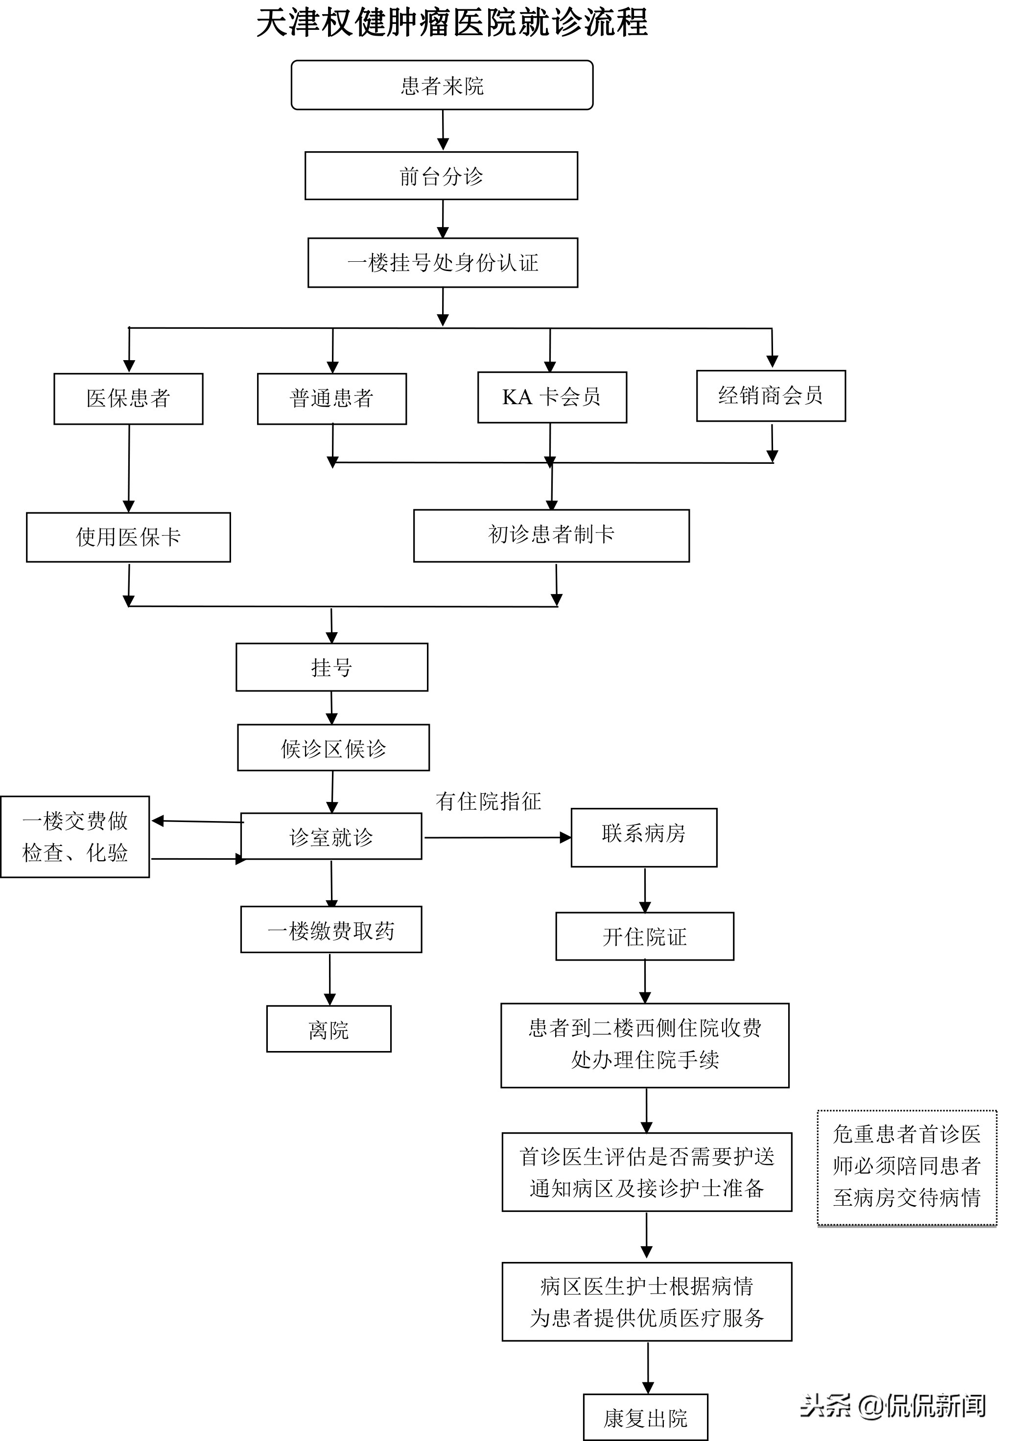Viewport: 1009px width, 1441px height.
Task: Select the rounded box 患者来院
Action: tap(442, 85)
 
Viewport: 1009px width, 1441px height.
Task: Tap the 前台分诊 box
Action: tap(442, 176)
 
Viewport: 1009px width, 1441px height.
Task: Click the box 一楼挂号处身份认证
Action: tap(443, 262)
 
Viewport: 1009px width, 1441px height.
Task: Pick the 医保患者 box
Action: tap(128, 398)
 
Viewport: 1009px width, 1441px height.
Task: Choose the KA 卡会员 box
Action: tap(552, 397)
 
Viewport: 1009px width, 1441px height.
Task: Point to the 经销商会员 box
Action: tap(771, 395)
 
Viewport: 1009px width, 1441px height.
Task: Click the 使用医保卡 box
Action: tap(128, 537)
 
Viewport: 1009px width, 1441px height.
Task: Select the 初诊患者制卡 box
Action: tap(551, 535)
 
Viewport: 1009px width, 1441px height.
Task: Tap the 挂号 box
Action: tap(331, 667)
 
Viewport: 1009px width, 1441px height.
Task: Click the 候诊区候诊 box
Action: tap(333, 748)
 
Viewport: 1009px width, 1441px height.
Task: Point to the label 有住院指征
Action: tap(488, 801)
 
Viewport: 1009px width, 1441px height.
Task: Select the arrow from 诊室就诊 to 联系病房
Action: tap(496, 837)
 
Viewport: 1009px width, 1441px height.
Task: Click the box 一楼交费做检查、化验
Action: tap(75, 837)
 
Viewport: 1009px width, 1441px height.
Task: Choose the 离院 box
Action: tap(329, 1030)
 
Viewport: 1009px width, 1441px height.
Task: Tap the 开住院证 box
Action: tap(645, 937)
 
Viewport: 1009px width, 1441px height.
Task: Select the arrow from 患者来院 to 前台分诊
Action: tap(443, 130)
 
